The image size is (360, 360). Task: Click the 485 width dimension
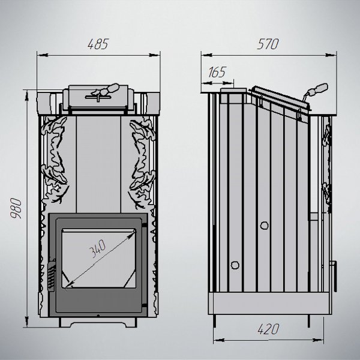pos(98,44)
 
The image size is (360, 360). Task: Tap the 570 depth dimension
pos(268,44)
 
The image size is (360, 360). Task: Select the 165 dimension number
pos(217,72)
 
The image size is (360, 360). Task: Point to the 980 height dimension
pos(16,208)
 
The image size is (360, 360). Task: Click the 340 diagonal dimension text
pos(97,248)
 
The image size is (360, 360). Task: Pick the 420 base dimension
pos(268,329)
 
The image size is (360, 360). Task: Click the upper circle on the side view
pos(264,226)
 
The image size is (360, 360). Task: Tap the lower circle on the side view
pos(235,265)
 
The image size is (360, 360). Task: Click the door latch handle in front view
pos(52,275)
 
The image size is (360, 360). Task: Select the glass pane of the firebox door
pos(99,258)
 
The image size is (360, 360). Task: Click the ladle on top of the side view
pos(316,91)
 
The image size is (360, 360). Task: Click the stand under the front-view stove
pos(98,322)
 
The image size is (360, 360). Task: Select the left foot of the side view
pos(214,321)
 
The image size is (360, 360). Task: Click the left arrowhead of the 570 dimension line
pos(207,55)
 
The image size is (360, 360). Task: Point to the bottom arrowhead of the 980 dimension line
pos(27,321)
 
